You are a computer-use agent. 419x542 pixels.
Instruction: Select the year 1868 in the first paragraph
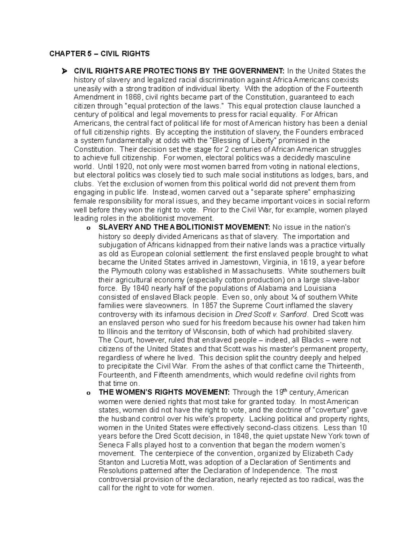point(134,97)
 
